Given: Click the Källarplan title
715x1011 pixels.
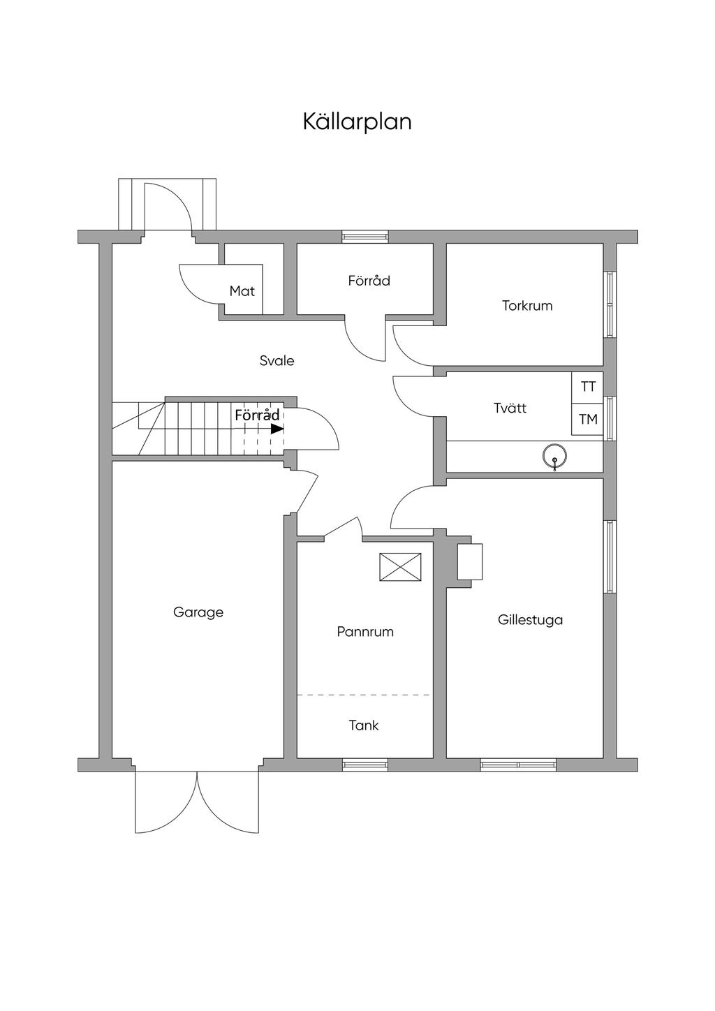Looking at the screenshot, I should [357, 121].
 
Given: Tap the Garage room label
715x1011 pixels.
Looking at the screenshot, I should [198, 612].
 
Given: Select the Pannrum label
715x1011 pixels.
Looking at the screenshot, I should [365, 632].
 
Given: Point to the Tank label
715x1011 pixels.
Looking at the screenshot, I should [364, 725].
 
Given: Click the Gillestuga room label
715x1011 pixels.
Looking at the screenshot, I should [531, 620].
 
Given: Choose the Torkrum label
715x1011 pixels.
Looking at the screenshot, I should [527, 306].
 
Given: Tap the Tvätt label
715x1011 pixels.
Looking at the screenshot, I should [510, 408].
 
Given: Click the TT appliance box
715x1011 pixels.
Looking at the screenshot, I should [588, 386].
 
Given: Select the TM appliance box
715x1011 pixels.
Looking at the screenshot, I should [588, 420].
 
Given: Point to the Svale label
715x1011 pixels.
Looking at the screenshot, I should [277, 361].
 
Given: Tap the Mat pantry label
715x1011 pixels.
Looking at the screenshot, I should [242, 291].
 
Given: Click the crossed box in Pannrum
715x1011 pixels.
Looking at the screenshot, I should [401, 566].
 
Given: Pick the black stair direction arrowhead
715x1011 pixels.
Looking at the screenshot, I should [277, 429].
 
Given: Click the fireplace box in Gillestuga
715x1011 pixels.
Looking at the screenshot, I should [469, 561].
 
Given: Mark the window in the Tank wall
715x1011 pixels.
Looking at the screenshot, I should [364, 765].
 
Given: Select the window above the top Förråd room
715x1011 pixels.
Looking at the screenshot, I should [364, 237].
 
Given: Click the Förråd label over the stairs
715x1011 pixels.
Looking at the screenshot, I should [257, 415].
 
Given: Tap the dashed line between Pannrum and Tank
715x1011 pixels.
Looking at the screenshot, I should [364, 695].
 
